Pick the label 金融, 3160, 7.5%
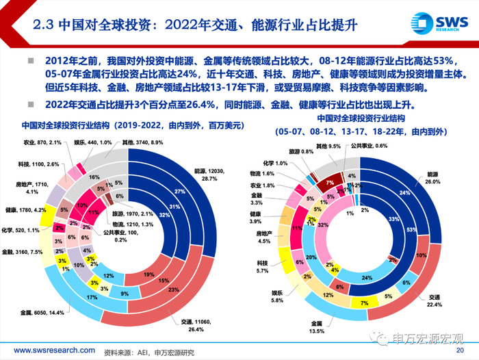(31, 253)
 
